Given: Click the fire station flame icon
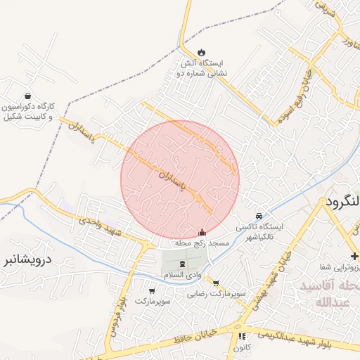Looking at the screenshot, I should coord(202,52).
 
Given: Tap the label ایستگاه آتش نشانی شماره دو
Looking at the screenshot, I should coord(202,67).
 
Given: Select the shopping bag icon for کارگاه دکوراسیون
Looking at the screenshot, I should coord(27,96).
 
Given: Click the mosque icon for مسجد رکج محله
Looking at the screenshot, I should coord(202,232).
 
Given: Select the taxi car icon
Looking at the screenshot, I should coord(259,215).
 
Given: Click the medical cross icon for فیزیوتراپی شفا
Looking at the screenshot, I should coord(354,255).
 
